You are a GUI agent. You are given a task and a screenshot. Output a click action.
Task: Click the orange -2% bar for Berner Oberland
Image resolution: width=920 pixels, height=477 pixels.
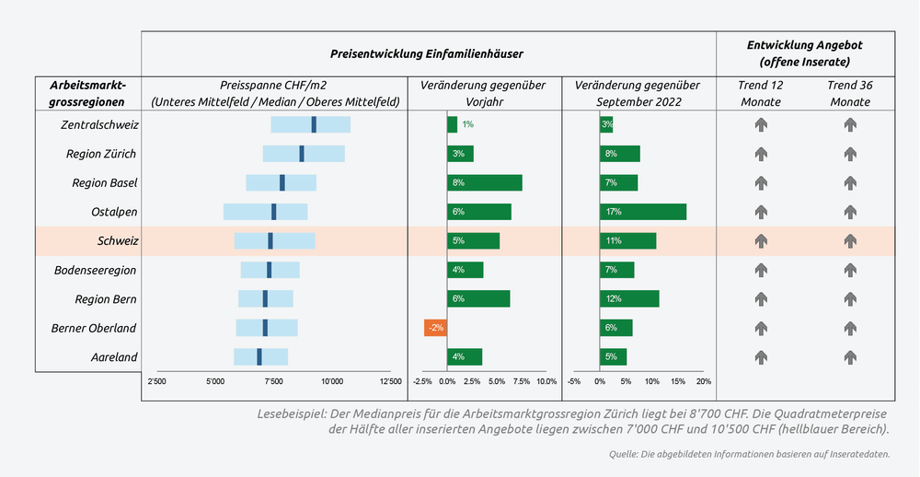pos(435,328)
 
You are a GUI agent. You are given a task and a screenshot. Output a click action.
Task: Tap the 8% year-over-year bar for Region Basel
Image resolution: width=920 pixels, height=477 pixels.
pos(485,182)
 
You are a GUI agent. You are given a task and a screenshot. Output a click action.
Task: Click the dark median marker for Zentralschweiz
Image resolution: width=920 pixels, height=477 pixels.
pos(314,124)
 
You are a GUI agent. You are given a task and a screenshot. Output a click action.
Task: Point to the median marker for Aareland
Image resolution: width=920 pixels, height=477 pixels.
pos(259,357)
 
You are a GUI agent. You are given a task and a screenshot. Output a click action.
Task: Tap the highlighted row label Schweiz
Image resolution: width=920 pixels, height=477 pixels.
pos(117,240)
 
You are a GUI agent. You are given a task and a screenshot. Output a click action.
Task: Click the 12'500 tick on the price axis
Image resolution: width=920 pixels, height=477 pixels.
pos(390,381)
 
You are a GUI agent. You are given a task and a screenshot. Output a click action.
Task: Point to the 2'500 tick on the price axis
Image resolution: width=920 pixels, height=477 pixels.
pos(157,381)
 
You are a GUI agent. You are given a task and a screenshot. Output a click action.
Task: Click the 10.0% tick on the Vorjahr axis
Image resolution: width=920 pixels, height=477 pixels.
pos(546,381)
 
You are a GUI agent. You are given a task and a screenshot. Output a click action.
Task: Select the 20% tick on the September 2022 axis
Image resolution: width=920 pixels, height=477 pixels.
pos(704,381)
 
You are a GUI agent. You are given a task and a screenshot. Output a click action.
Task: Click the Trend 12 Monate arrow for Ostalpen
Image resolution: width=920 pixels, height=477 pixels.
pos(761,212)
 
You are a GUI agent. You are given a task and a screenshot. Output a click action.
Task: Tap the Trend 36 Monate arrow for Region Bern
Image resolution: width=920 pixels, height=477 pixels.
pos(850,299)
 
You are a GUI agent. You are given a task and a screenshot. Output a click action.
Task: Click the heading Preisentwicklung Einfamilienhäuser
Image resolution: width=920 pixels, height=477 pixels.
pos(427,54)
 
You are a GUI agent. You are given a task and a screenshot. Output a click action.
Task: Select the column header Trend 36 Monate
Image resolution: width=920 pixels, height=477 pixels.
pos(850,93)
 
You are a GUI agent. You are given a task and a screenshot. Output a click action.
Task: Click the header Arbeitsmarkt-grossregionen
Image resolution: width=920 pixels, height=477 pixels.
pos(88,93)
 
